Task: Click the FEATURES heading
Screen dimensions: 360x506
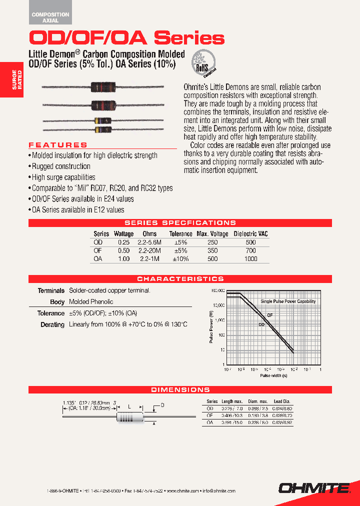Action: pos(58,145)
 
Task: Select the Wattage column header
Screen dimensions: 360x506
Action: pos(123,233)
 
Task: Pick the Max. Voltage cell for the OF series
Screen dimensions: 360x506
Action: pos(212,250)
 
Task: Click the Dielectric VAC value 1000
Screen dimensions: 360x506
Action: pos(250,259)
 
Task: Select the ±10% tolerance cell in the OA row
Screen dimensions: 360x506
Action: pos(180,259)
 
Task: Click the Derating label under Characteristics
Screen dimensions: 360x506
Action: pos(52,324)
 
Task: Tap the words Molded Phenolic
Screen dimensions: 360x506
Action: pos(91,302)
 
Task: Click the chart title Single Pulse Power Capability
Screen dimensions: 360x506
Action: pos(288,301)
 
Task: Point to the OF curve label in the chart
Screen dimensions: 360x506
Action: pos(269,315)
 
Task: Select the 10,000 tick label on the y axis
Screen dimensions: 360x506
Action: pos(218,305)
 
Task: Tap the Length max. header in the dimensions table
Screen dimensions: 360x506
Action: pos(232,401)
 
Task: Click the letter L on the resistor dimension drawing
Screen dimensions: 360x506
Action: pos(129,407)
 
